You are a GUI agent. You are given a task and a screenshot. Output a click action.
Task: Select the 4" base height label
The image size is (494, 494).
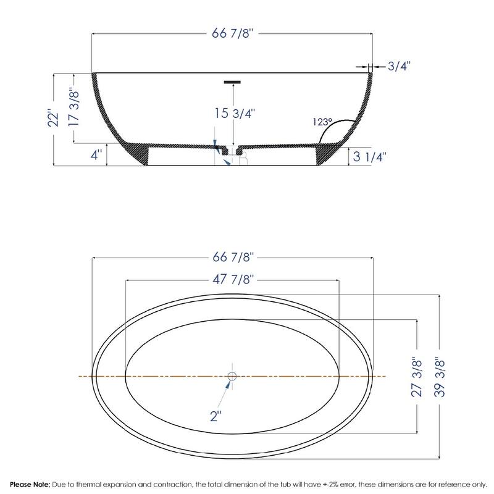pyautogui.click(x=96, y=155)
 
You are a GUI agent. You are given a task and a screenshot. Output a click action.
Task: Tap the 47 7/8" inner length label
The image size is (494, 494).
pyautogui.click(x=232, y=278)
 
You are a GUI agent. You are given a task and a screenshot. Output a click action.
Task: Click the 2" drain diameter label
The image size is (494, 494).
pyautogui.click(x=216, y=416)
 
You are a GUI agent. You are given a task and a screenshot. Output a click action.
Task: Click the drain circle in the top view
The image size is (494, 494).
pyautogui.click(x=232, y=376)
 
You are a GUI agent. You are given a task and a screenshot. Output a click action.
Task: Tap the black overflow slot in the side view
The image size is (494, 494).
pyautogui.click(x=232, y=81)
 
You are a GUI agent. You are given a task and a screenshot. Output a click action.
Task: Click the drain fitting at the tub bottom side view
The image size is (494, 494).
pyautogui.click(x=233, y=151)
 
